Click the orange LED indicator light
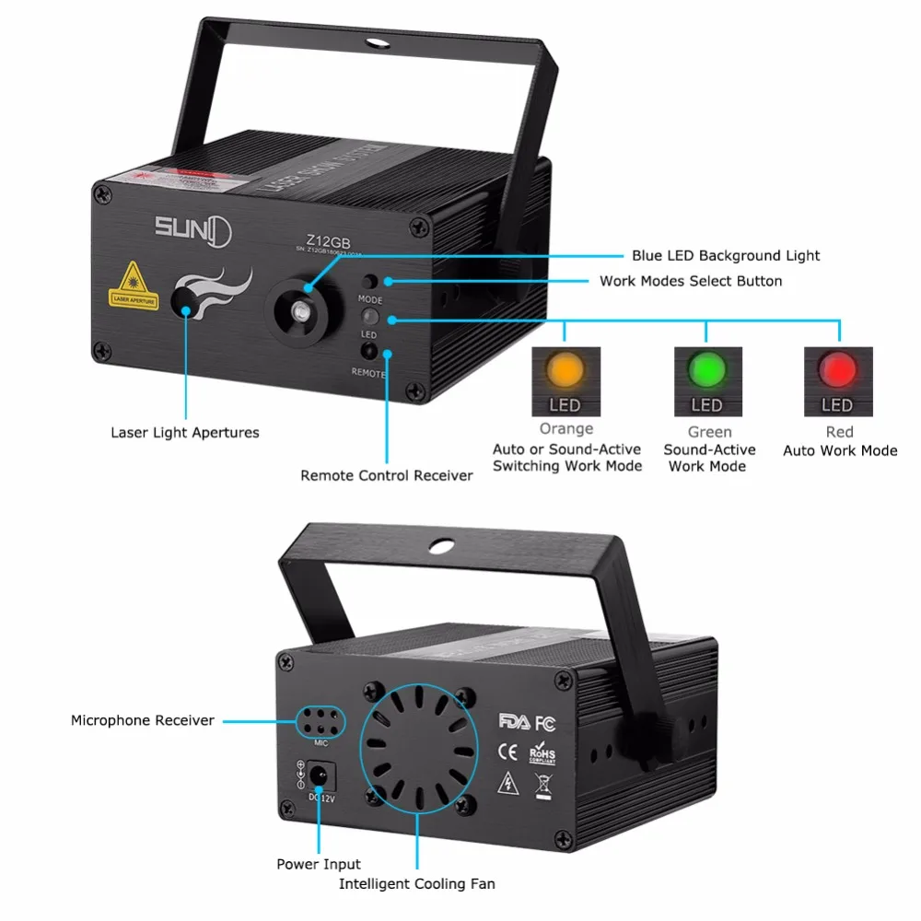[x=565, y=369]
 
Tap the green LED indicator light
[x=706, y=369]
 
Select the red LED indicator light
[x=837, y=369]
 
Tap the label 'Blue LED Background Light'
[x=726, y=255]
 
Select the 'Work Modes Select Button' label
[x=691, y=281]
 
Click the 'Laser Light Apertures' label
[x=185, y=432]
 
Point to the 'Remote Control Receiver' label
[x=387, y=475]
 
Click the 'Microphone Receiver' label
[x=143, y=720]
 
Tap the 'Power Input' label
[x=319, y=864]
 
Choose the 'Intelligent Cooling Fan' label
[x=416, y=884]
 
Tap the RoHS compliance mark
[x=542, y=753]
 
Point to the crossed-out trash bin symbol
[x=543, y=785]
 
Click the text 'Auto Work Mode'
[x=840, y=450]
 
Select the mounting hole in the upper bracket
[x=377, y=41]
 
